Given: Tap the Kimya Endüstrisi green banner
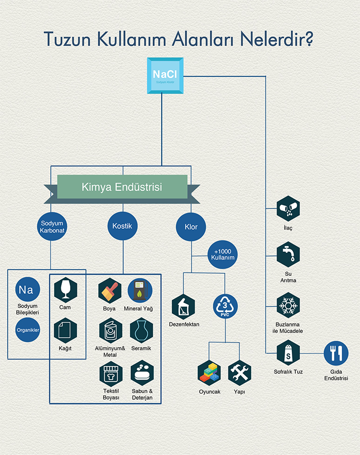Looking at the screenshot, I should coord(122,187).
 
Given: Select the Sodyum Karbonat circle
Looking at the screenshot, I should coord(52,227).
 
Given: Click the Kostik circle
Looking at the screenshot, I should coord(122,226).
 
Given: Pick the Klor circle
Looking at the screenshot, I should coord(191,227).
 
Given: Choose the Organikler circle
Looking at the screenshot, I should coord(27,330).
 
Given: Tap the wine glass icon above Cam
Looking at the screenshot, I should coord(64,289).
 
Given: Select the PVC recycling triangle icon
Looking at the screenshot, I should coord(226,306).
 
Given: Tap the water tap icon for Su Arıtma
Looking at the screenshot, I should coord(288,255).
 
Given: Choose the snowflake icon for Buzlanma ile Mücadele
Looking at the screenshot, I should coord(288,305).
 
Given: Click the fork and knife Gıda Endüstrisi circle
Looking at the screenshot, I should coord(336,353).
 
